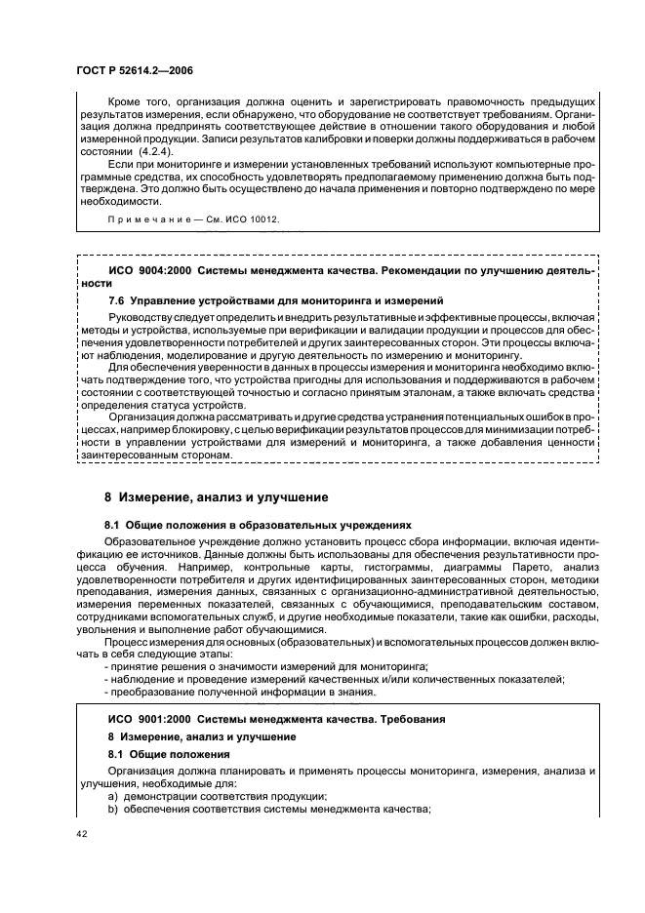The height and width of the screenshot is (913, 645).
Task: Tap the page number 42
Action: (x=82, y=834)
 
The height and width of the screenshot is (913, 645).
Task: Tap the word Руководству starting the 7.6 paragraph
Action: (x=145, y=317)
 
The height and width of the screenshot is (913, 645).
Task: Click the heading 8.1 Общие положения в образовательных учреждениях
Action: (x=260, y=523)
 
